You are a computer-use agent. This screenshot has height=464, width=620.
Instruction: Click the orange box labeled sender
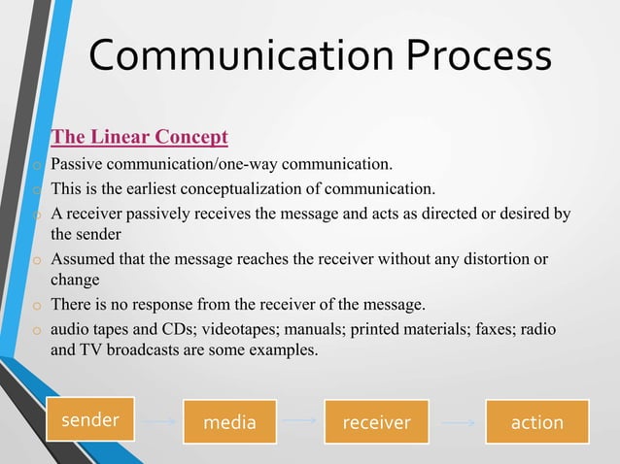tap(89, 421)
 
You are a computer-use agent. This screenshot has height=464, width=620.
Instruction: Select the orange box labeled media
tap(230, 422)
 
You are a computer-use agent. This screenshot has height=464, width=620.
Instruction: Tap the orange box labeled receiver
tap(376, 422)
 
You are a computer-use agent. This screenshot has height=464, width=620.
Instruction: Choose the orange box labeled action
tap(536, 422)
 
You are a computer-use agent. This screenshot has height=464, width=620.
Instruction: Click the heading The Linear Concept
tap(139, 134)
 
